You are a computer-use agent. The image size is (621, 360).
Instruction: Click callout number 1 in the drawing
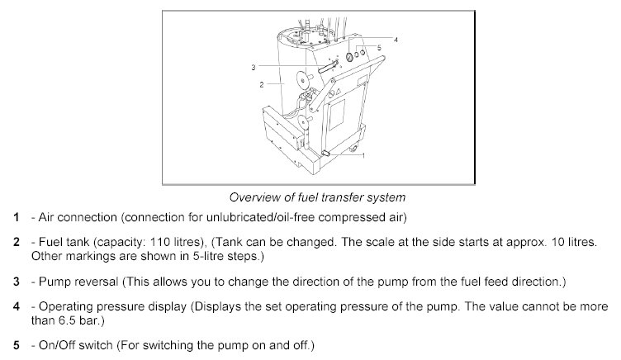[363, 154]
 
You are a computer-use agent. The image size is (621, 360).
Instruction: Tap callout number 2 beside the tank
[260, 84]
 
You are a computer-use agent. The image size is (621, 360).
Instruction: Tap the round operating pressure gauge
[348, 58]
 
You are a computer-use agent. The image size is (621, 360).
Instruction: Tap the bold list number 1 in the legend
[16, 217]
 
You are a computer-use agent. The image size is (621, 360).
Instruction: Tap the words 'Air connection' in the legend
[67, 217]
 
